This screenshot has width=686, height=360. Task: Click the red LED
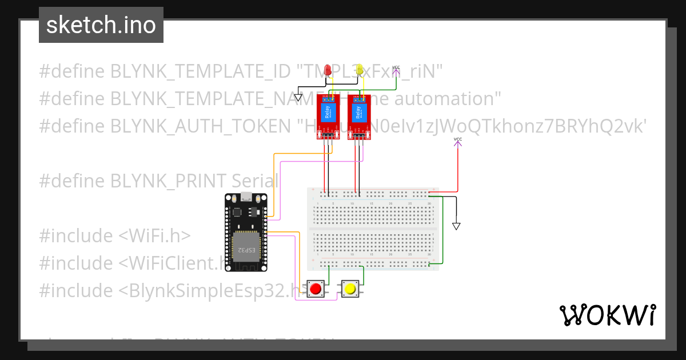[328, 70]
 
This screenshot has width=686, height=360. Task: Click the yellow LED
[360, 70]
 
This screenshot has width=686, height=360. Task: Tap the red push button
[315, 289]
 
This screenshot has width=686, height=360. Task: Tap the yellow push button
[349, 289]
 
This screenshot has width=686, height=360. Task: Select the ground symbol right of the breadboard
[456, 226]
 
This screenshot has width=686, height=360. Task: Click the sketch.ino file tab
[101, 25]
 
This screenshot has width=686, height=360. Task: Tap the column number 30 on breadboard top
[429, 203]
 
